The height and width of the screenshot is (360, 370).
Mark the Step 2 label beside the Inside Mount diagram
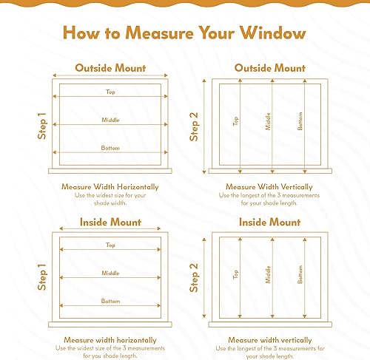pos(195,276)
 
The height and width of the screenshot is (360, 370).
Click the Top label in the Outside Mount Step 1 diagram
pos(110,92)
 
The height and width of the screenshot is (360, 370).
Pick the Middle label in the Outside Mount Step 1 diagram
pos(110,120)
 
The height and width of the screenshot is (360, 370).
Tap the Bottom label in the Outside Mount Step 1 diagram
pos(110,149)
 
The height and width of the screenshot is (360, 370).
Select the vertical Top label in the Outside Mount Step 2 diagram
pos(236,121)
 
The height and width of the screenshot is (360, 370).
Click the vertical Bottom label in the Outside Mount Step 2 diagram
pos(300,121)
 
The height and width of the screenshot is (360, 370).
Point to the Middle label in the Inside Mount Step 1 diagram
pos(110,273)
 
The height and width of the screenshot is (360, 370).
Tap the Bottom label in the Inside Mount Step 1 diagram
pos(110,301)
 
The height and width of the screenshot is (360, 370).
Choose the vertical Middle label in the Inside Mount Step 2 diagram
pos(268,274)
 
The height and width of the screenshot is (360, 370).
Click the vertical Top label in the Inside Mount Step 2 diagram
pos(236,274)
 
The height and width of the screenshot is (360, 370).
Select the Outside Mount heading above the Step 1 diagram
pos(110,68)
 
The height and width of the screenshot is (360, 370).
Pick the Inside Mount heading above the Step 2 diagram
pos(269,222)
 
